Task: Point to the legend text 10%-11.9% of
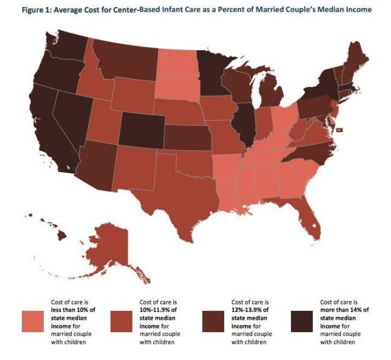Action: (157, 311)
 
